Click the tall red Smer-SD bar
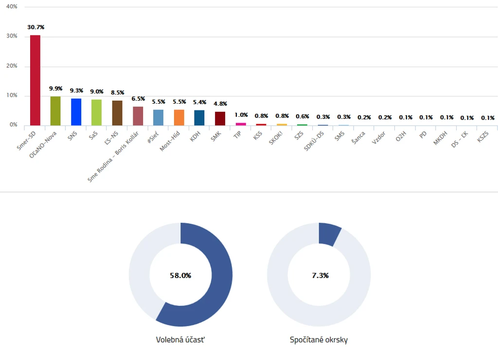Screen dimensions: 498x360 coord(35,80)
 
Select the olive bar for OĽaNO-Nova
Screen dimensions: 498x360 coord(55,111)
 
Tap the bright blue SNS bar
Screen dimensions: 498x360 coord(76,112)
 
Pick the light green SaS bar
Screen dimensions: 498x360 coord(97,112)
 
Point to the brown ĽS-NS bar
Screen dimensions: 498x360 coord(117,113)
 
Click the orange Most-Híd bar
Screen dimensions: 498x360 coord(179,118)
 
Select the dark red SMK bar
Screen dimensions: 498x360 coord(220,119)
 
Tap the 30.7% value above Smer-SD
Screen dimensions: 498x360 coord(36,27)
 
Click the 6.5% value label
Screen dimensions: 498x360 coord(138,99)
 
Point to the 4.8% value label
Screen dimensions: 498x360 coord(220,104)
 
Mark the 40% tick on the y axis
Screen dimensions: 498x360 coord(12,7)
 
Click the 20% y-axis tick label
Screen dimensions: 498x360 coord(12,66)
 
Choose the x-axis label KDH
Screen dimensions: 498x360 coord(195,136)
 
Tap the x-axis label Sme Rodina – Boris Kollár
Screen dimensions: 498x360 coord(113,157)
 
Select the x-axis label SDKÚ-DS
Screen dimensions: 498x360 coord(314,141)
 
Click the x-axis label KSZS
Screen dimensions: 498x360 coord(483,137)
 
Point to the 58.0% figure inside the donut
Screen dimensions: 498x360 coord(180,275)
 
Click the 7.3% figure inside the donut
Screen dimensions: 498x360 coord(320,275)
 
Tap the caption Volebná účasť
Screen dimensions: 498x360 coord(180,340)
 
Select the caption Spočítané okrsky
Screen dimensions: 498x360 coord(319,340)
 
